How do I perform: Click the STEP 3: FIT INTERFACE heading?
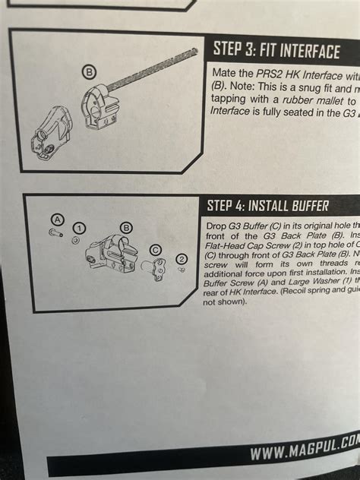click(x=275, y=51)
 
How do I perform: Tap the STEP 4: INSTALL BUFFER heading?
click(x=267, y=206)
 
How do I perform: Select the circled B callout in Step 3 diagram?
click(x=89, y=72)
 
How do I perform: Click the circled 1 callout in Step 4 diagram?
click(x=78, y=227)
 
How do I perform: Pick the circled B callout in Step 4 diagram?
click(x=126, y=226)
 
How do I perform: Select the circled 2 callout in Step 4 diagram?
click(x=181, y=259)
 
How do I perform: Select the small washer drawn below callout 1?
click(x=74, y=239)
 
